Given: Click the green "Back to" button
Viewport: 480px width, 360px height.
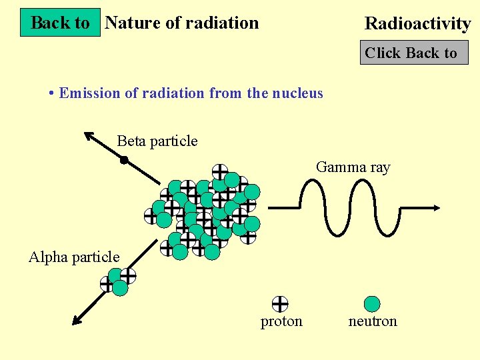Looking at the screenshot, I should [x=60, y=23].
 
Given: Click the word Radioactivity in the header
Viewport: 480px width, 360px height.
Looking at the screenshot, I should [x=417, y=24].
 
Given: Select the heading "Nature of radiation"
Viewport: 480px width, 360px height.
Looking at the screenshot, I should [x=182, y=23].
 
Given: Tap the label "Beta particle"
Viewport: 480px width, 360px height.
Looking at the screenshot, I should [x=157, y=141].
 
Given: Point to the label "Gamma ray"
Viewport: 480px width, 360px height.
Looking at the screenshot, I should [x=353, y=167].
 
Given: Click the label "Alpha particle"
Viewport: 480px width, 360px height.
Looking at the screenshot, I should [x=74, y=257].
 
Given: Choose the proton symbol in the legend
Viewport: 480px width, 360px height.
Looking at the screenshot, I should [x=280, y=304].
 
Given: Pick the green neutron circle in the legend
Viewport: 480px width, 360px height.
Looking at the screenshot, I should [x=372, y=304].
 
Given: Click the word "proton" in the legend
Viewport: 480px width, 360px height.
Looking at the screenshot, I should [x=281, y=321].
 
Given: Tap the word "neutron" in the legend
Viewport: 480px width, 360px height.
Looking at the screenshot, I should [x=373, y=321].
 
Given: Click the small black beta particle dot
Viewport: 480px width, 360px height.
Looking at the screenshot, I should [x=124, y=159].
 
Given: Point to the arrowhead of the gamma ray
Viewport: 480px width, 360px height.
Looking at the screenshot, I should [x=435, y=207].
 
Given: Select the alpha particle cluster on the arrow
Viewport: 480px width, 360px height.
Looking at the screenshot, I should [x=117, y=281].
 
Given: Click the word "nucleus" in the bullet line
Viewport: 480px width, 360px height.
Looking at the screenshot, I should [x=297, y=93].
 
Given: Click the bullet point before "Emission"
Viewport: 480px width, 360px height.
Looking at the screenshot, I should [x=51, y=93].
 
